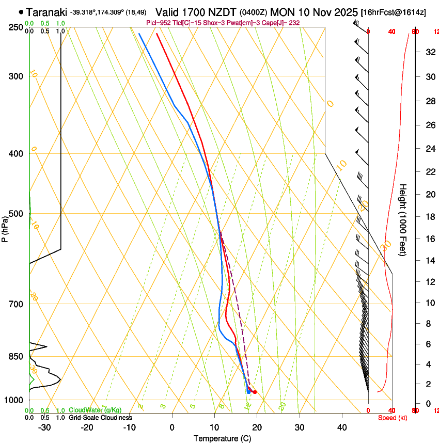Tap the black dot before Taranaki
(21, 11)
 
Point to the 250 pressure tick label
(15, 27)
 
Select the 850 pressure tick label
(15, 357)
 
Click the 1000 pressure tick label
(13, 400)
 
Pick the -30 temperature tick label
(44, 427)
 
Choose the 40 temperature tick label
(341, 427)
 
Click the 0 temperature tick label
(172, 427)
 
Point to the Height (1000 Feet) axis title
(403, 219)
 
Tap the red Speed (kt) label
(392, 418)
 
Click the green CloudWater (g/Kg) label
(95, 410)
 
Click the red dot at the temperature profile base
(255, 392)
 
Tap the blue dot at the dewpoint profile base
(248, 392)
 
